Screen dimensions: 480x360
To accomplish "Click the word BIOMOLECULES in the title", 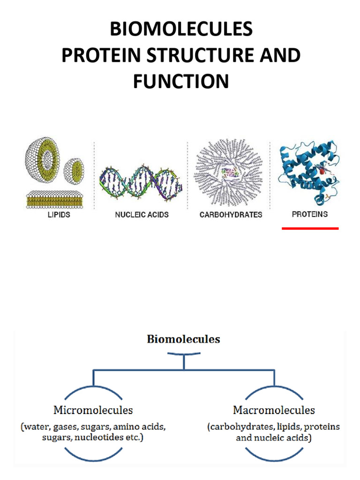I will [181, 30].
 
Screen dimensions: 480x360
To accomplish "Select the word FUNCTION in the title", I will [181, 81].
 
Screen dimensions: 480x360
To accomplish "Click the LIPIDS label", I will [59, 215].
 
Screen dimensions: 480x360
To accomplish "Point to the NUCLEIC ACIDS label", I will [142, 215].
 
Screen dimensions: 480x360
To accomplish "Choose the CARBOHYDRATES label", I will [231, 215].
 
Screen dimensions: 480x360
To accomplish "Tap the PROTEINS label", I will [309, 214].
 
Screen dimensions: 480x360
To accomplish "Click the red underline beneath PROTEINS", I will [310, 228].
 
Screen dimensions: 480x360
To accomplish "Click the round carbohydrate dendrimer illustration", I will [229, 173].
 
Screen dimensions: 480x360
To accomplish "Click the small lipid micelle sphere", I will [74, 170].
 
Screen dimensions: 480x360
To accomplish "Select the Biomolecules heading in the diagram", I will [183, 339].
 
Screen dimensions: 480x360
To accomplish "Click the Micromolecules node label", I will [93, 410].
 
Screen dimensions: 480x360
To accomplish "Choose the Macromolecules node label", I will [274, 410].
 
